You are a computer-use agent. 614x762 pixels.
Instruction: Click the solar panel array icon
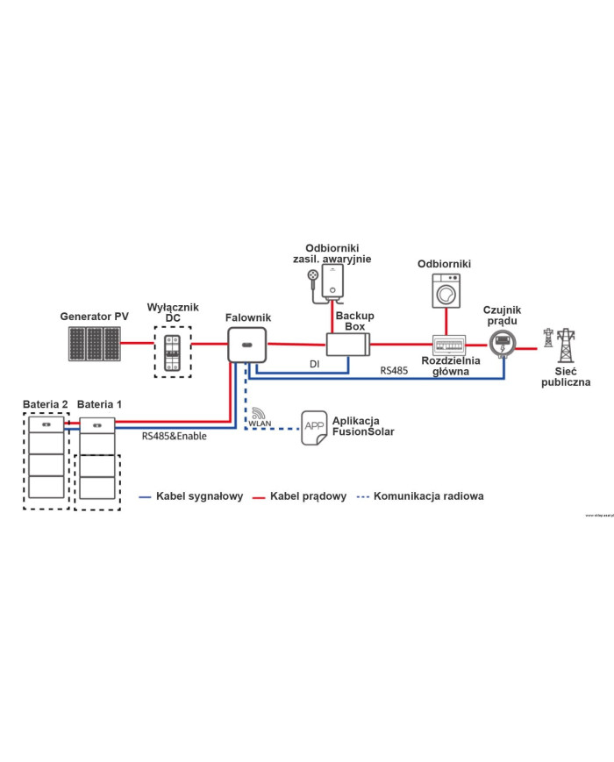(96, 344)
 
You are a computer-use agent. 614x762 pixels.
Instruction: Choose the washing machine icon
(446, 289)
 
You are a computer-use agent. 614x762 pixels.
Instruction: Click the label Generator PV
(95, 316)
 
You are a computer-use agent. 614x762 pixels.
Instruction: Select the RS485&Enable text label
(174, 435)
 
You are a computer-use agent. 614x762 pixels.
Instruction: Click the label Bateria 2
(46, 403)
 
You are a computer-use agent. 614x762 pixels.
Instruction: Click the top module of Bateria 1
(96, 427)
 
